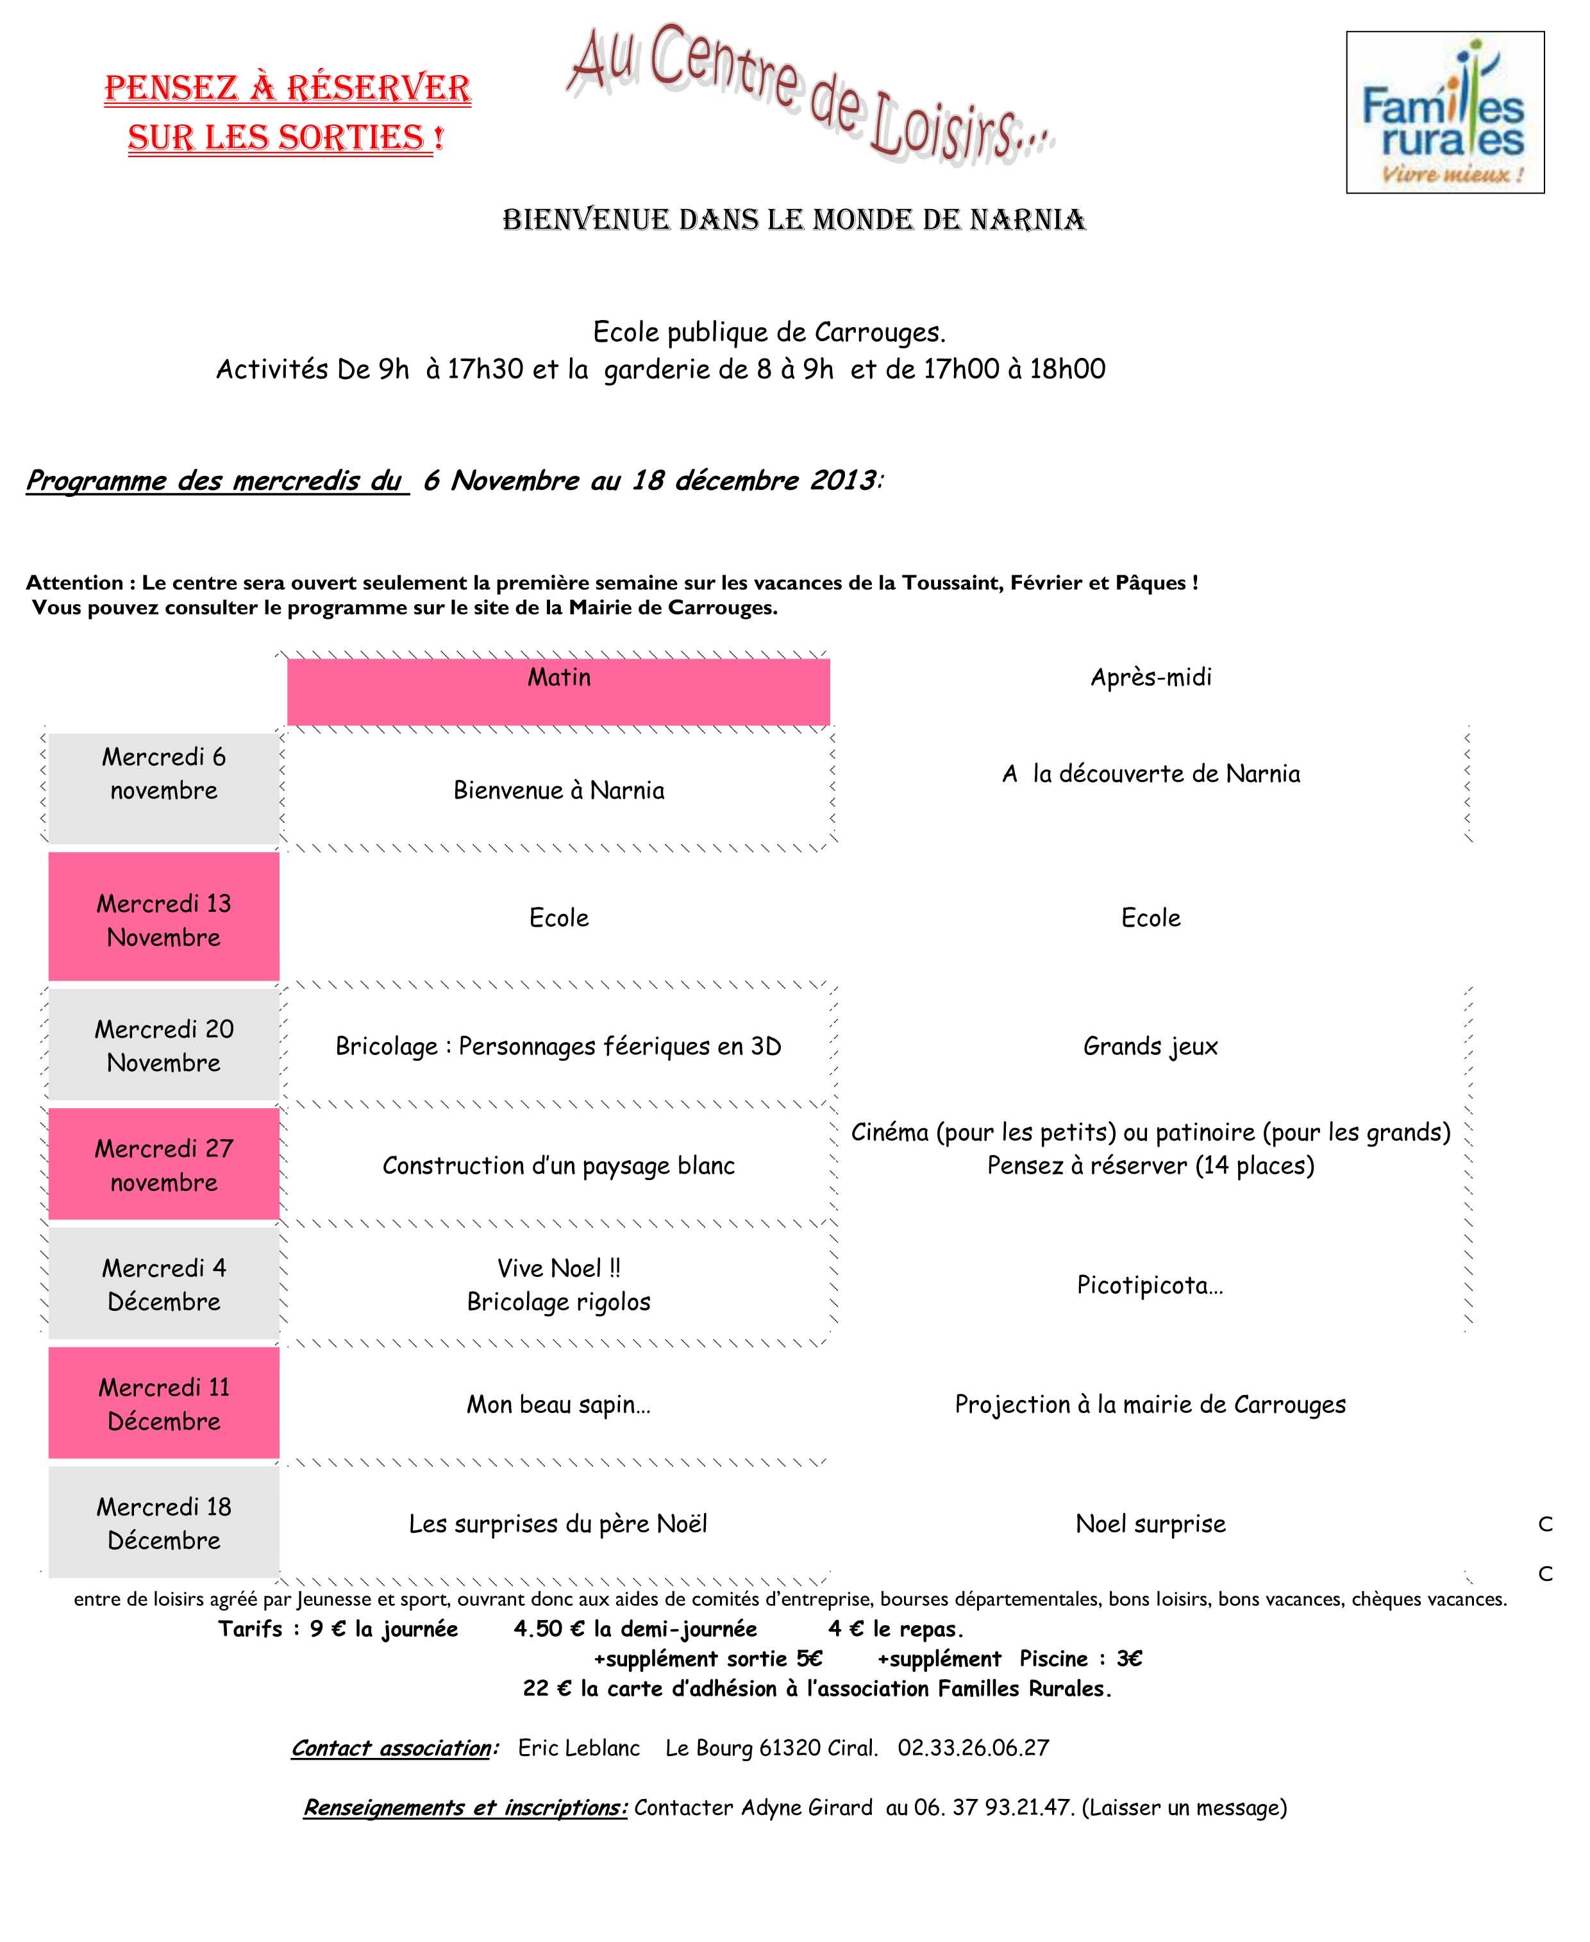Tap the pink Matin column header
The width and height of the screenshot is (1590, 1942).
click(x=558, y=691)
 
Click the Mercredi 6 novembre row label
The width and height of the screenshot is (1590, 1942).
click(x=164, y=774)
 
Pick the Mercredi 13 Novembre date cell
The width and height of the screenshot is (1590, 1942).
click(x=164, y=920)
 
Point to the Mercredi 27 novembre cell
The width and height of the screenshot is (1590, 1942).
click(x=164, y=1165)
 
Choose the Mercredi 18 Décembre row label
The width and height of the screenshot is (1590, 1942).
click(x=164, y=1523)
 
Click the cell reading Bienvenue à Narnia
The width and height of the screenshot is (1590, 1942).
click(x=558, y=791)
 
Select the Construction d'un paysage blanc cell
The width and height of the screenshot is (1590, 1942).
click(x=558, y=1165)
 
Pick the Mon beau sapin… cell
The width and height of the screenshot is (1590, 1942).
click(x=558, y=1405)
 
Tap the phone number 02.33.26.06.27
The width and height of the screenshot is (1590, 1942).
click(x=973, y=1748)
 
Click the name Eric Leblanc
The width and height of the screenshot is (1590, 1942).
click(x=579, y=1748)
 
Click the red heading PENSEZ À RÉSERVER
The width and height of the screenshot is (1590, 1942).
click(x=288, y=89)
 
